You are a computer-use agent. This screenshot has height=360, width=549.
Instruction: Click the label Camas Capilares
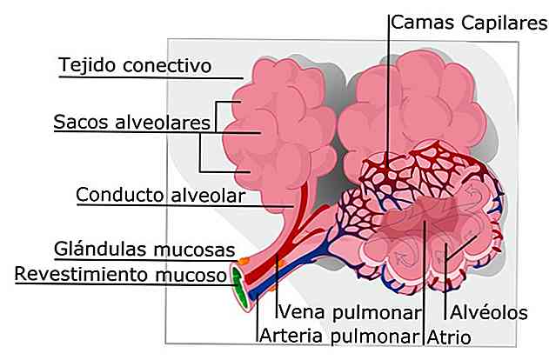click(x=468, y=23)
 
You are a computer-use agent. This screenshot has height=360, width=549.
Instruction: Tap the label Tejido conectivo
click(x=135, y=65)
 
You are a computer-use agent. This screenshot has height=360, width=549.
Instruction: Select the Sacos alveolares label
click(x=131, y=122)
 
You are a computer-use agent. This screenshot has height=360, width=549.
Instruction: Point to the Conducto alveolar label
click(x=160, y=195)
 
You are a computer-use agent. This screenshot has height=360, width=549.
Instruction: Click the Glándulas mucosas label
click(x=144, y=250)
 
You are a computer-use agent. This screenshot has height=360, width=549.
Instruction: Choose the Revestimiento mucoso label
click(x=120, y=274)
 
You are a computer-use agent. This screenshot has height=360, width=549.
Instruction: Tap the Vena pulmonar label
click(x=349, y=312)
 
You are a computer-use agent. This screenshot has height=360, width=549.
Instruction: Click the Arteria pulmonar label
click(x=339, y=336)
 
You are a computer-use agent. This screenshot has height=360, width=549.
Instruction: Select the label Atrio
click(x=449, y=337)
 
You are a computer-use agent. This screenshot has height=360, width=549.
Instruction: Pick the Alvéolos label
click(x=489, y=312)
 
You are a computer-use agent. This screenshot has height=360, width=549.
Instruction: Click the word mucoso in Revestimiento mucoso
click(x=191, y=275)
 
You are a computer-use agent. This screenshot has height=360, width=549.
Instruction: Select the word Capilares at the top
click(x=504, y=23)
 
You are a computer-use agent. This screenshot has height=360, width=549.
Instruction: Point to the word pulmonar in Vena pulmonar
click(x=376, y=313)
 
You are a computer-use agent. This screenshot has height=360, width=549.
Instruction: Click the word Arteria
click(x=291, y=336)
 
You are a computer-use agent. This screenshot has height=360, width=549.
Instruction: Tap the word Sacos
click(x=81, y=122)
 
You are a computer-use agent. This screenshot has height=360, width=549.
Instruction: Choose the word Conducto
click(x=120, y=195)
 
